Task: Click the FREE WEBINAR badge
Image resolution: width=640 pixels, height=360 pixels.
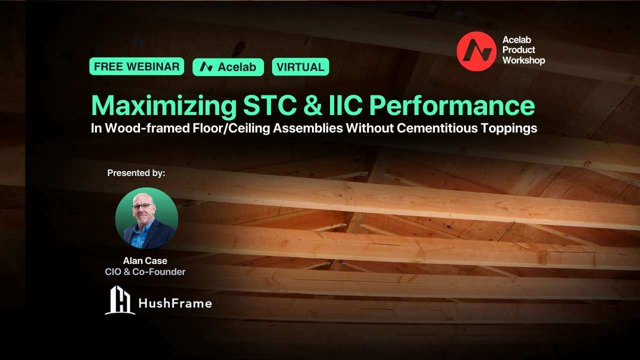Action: (136, 66)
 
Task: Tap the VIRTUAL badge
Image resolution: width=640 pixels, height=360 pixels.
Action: (300, 66)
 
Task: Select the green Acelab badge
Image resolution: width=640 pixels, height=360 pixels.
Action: (228, 67)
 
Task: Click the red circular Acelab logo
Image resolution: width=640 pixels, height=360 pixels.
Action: (476, 51)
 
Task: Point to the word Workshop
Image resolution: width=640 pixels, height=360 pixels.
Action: (523, 60)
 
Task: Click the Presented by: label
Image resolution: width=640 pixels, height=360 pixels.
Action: (136, 173)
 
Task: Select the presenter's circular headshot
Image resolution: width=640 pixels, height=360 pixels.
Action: (146, 218)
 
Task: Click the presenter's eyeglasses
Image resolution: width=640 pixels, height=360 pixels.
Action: (143, 206)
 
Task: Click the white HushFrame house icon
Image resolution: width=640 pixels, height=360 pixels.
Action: (120, 300)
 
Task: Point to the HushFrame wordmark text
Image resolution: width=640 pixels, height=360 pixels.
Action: (174, 303)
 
